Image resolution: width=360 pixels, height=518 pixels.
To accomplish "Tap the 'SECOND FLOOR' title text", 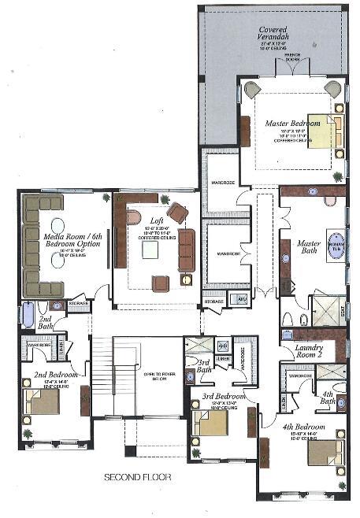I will pos(139,477).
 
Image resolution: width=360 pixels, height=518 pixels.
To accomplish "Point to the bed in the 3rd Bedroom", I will pos(212,424).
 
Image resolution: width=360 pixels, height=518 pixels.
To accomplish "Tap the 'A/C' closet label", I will pos(243,300).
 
